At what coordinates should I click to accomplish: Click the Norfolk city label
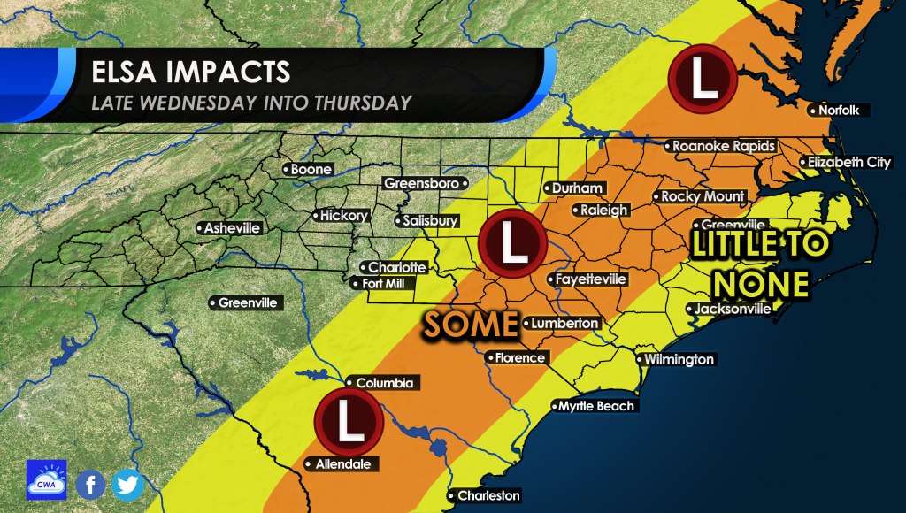click(x=840, y=111)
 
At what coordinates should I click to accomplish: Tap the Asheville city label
click(x=232, y=228)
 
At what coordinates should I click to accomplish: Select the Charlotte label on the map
click(x=397, y=267)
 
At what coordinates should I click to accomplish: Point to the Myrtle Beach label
click(x=595, y=406)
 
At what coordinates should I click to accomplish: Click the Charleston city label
click(x=488, y=495)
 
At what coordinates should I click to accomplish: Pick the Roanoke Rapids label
click(x=723, y=146)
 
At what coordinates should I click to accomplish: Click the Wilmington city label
click(x=678, y=360)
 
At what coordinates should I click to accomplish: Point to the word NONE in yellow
click(x=763, y=283)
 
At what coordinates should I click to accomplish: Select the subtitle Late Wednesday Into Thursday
click(x=251, y=103)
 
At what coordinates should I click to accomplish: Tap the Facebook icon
click(x=90, y=484)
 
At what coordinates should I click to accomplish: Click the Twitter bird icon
click(x=128, y=484)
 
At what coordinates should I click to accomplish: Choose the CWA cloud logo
click(x=46, y=479)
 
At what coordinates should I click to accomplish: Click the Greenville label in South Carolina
click(x=248, y=302)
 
